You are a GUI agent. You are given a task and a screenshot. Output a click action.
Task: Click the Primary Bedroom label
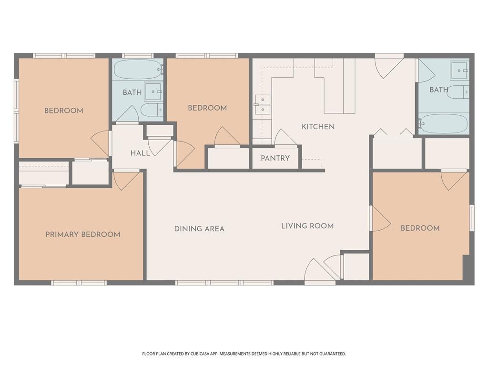[x=83, y=234]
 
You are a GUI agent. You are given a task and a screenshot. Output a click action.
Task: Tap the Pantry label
[x=275, y=158]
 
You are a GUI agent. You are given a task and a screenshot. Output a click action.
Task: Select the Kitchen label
[x=318, y=127]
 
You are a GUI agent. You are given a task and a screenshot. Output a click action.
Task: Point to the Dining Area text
[x=199, y=229]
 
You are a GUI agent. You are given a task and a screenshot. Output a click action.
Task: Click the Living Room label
[x=307, y=226]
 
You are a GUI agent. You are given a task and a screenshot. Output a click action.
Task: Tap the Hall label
[x=140, y=153]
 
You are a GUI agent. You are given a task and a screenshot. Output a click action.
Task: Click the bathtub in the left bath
[x=138, y=70]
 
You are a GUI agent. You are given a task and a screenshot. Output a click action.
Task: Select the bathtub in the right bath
[x=443, y=124]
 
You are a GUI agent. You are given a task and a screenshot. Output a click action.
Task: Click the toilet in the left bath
[x=152, y=109]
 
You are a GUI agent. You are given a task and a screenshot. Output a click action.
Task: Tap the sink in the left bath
[x=153, y=91]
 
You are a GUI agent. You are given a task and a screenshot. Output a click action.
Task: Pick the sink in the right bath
[x=459, y=71]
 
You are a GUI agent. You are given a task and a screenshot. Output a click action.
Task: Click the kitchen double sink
[x=263, y=104]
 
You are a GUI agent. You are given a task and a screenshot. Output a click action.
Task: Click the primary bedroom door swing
[x=126, y=181]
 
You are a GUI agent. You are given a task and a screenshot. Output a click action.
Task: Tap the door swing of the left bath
[x=128, y=114]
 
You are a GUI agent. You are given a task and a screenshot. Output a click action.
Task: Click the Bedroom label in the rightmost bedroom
[x=420, y=228]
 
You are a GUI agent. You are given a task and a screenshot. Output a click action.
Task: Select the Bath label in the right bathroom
[x=439, y=90]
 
